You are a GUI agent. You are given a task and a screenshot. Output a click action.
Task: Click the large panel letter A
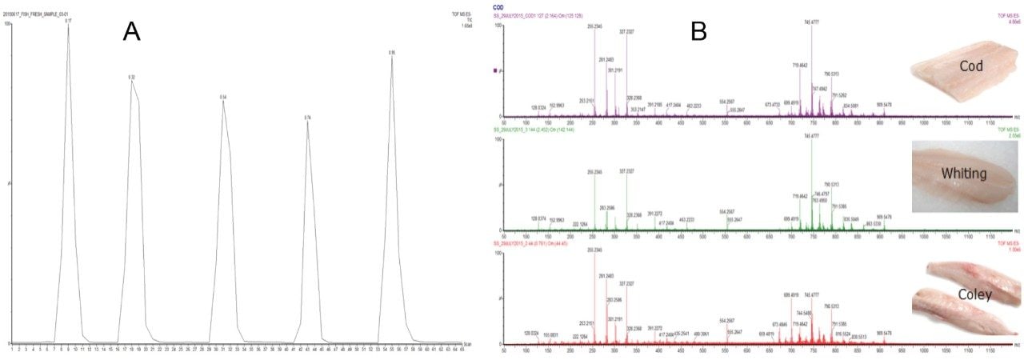point(132,31)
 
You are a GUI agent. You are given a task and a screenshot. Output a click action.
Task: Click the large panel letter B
point(698,31)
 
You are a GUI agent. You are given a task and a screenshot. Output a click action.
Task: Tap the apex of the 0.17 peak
point(69,26)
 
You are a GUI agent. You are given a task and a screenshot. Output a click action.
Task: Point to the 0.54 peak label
point(224,97)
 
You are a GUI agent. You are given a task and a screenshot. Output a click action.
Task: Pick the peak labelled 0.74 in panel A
point(307,118)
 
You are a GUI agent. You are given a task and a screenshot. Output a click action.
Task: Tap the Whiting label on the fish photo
point(965,174)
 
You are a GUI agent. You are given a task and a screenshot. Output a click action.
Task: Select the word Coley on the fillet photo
point(975,294)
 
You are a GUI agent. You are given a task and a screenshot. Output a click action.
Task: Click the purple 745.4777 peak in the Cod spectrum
point(812,28)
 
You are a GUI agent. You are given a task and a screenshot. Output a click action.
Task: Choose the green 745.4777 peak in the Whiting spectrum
point(812,142)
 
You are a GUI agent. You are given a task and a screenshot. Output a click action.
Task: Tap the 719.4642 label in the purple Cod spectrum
point(800,65)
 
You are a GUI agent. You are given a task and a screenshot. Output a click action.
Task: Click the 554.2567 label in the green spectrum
point(727,211)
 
